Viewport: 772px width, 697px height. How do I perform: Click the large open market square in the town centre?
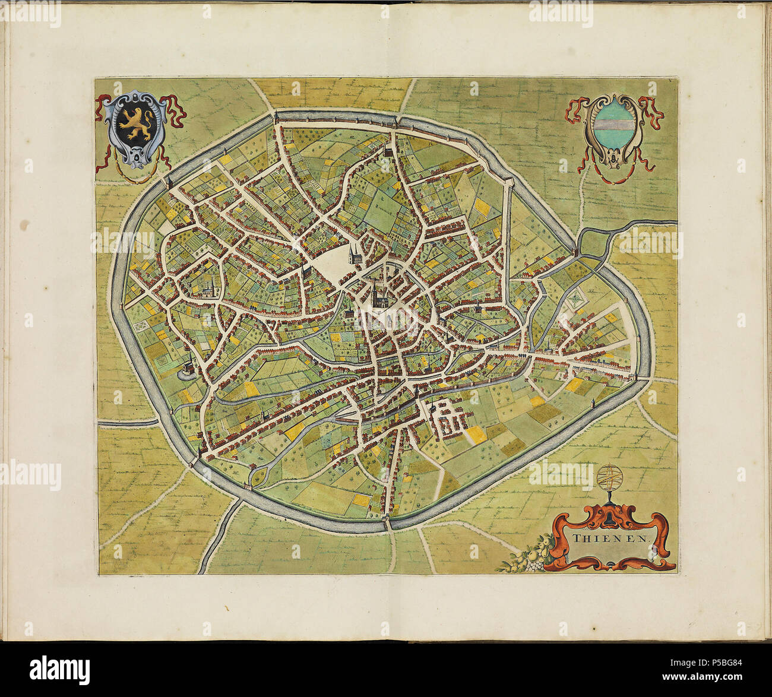[x=333, y=263]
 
